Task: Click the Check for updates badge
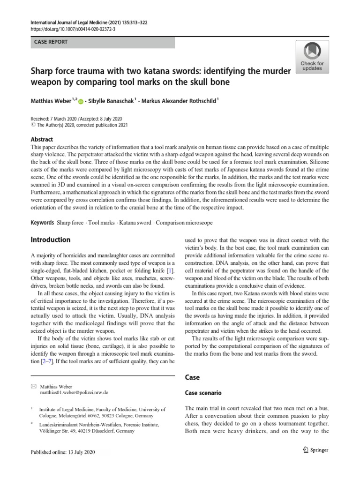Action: (x=312, y=57)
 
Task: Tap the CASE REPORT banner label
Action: (x=51, y=42)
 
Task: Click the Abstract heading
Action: (x=42, y=139)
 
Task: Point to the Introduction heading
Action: (x=50, y=240)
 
